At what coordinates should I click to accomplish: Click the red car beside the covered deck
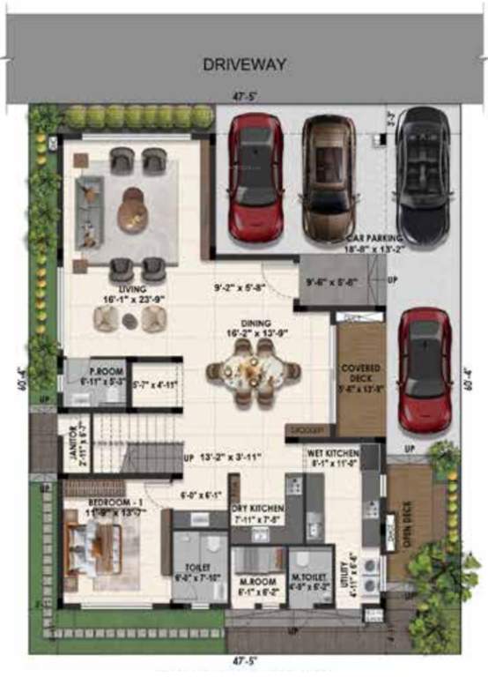click(x=425, y=370)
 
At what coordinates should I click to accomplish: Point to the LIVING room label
click(x=133, y=288)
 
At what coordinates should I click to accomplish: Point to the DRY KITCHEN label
click(x=256, y=509)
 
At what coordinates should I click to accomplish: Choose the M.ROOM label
click(x=257, y=586)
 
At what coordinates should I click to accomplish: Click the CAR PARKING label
click(x=376, y=239)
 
